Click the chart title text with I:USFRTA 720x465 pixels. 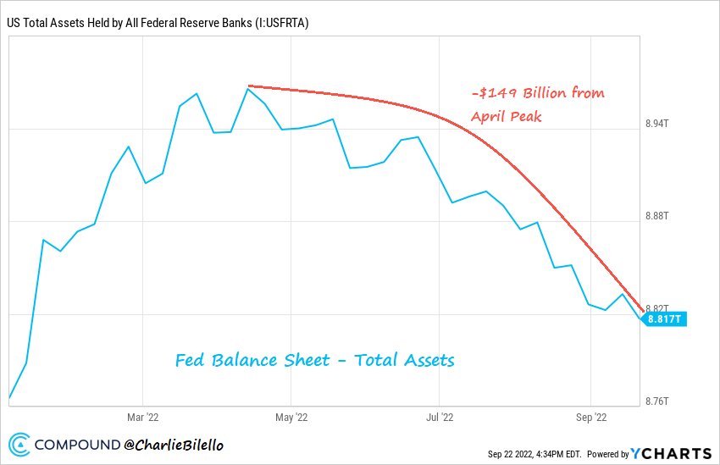click(158, 23)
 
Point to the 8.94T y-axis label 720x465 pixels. click(657, 123)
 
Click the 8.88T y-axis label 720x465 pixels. click(657, 216)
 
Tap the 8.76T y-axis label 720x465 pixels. click(657, 401)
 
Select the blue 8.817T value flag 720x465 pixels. click(664, 319)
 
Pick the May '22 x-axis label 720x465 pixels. click(291, 417)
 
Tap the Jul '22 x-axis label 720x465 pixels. click(440, 417)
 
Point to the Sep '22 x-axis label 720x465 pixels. click(590, 417)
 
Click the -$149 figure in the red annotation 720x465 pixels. click(494, 92)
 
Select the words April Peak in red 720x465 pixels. click(507, 116)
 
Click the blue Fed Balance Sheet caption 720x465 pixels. click(314, 360)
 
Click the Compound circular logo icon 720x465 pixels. click(20, 444)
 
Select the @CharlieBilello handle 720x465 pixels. click(174, 445)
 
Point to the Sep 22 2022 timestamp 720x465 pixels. click(534, 454)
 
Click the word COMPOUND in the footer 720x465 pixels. click(77, 445)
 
